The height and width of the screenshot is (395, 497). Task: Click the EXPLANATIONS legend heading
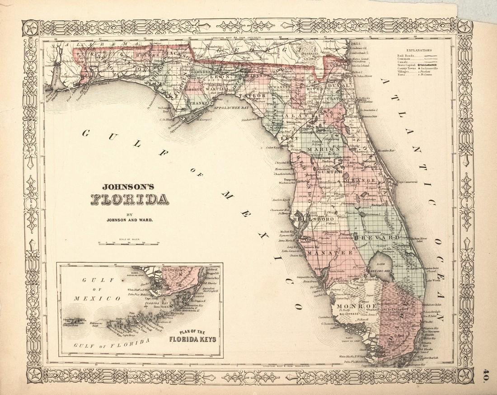click(419, 51)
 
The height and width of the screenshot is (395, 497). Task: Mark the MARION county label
click(320, 150)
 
